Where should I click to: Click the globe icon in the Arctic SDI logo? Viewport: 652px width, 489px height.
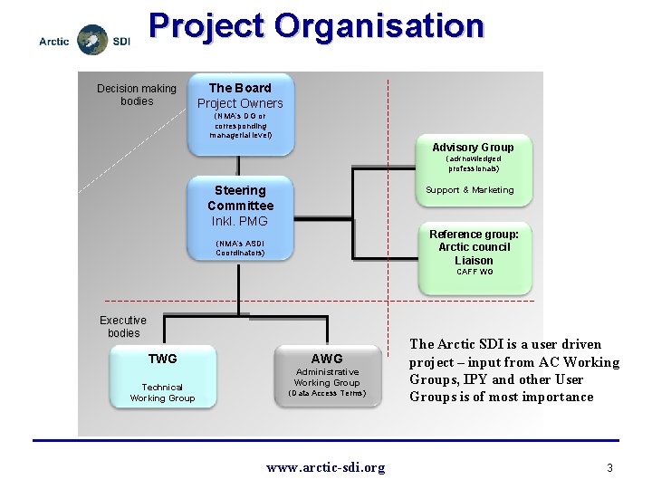pos(92,40)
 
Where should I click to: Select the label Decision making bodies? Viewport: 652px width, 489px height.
pos(137,94)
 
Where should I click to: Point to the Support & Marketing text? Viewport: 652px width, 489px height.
pos(470,190)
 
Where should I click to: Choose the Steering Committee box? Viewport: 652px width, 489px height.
pos(240,217)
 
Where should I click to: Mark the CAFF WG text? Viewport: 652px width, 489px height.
pos(475,272)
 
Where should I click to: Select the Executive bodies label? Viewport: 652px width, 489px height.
pos(123,326)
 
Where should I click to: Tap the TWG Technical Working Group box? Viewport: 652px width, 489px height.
pos(163,379)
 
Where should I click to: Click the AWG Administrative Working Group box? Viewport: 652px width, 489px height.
pos(327,377)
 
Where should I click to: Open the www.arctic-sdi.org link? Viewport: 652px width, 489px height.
pos(325,467)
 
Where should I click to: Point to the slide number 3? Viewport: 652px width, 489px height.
pos(610,467)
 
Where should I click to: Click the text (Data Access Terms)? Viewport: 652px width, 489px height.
pos(327,393)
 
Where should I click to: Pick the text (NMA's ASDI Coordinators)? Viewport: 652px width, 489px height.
pos(240,248)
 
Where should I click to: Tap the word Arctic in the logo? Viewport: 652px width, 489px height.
pos(54,42)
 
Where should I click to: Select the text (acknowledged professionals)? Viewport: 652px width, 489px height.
pos(473,164)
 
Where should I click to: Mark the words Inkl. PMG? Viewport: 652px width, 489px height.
pos(239,221)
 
